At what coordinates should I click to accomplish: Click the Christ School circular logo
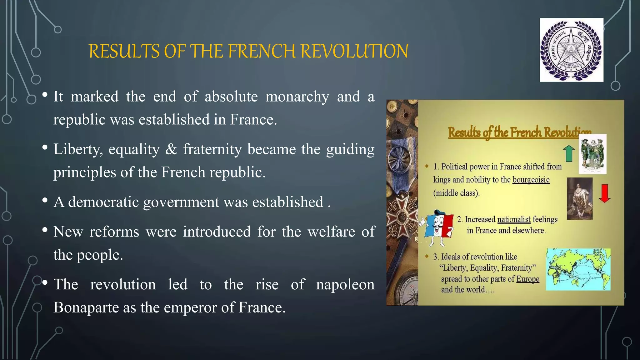(571, 50)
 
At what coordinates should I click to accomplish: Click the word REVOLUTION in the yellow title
(354, 51)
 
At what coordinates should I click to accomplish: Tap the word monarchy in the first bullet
(297, 97)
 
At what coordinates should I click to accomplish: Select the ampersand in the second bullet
(171, 149)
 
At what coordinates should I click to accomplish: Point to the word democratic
(103, 202)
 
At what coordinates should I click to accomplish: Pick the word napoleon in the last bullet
(345, 284)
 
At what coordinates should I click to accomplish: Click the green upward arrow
(569, 153)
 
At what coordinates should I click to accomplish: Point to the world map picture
(578, 269)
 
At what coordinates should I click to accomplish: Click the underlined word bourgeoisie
(531, 180)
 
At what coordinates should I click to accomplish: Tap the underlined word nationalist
(514, 219)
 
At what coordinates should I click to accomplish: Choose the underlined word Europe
(527, 279)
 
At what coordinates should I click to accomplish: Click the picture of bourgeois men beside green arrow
(592, 154)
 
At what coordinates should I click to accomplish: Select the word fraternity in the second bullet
(212, 149)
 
